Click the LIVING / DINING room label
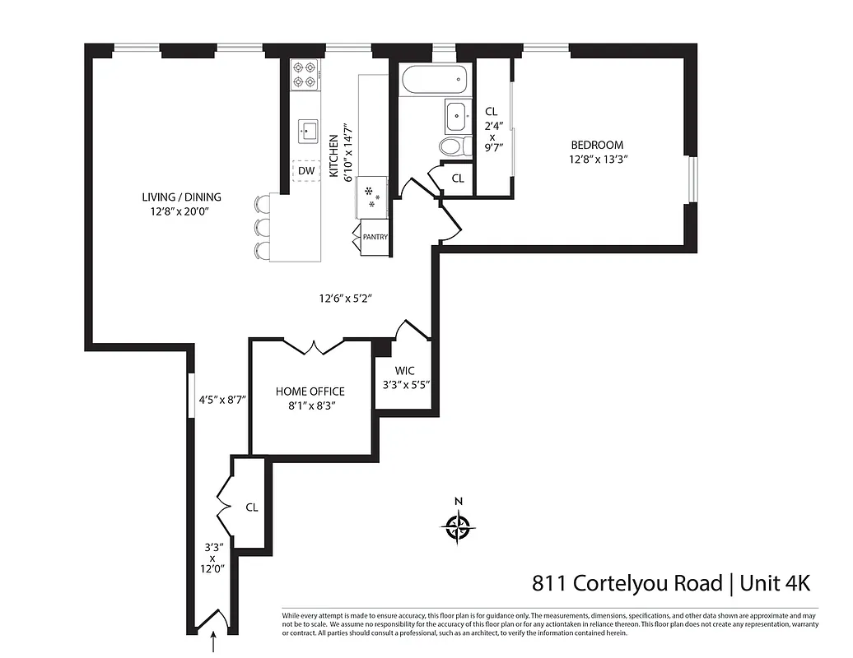point(181,197)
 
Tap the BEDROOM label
point(597,146)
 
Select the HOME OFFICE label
point(310,392)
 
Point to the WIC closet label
point(405,370)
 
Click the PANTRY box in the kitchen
point(375,237)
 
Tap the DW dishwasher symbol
point(306,170)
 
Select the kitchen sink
point(310,130)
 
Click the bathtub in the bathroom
point(434,81)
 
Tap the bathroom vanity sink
point(455,116)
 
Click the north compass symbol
point(459,524)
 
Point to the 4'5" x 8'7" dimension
point(222,400)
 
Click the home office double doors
point(312,348)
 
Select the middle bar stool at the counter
point(263,226)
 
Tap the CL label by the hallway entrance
point(252,507)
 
